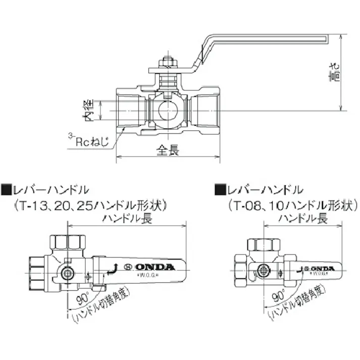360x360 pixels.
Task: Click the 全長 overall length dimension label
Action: pos(168,150)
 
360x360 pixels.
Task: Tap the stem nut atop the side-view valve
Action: pos(168,63)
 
